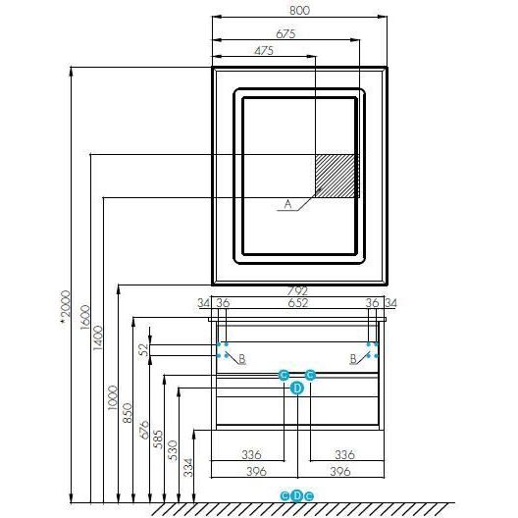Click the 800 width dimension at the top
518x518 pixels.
pyautogui.click(x=299, y=10)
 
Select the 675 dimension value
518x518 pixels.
pyautogui.click(x=285, y=33)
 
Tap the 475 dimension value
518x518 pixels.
pyautogui.click(x=264, y=51)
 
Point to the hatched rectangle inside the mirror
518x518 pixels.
pyautogui.click(x=337, y=176)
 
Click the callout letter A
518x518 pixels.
pyautogui.click(x=288, y=204)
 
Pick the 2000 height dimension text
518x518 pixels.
pyautogui.click(x=66, y=304)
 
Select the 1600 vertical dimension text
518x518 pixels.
pyautogui.click(x=85, y=317)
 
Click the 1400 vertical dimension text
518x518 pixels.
pyautogui.click(x=98, y=338)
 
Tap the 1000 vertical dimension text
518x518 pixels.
pyautogui.click(x=113, y=397)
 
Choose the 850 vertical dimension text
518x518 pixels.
pyautogui.click(x=128, y=413)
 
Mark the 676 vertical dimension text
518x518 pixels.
pyautogui.click(x=144, y=430)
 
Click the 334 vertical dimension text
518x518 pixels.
pyautogui.click(x=188, y=467)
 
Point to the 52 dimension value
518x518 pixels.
pyautogui.click(x=144, y=350)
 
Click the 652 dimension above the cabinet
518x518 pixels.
pyautogui.click(x=297, y=303)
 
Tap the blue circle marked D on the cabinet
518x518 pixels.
pyautogui.click(x=297, y=388)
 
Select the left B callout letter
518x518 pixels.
pyautogui.click(x=242, y=358)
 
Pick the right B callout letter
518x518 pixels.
pyautogui.click(x=353, y=358)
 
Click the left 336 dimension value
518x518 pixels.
pyautogui.click(x=251, y=455)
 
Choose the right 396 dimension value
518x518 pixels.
pyautogui.click(x=340, y=472)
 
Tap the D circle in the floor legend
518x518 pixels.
pyautogui.click(x=296, y=495)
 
